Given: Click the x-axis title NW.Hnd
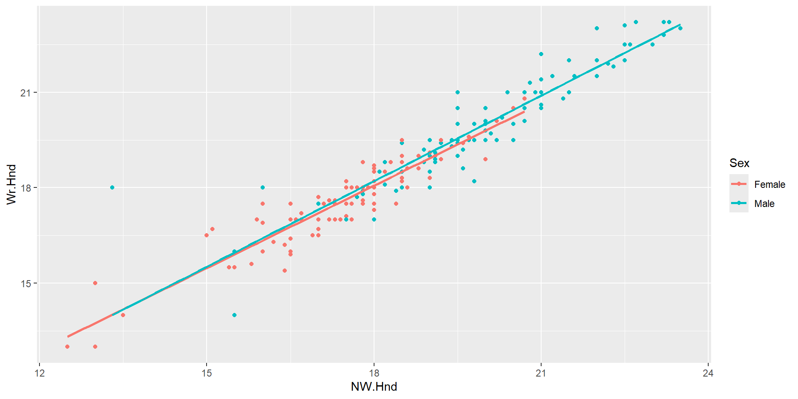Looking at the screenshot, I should point(374,387).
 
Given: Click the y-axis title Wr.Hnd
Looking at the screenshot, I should point(11,184).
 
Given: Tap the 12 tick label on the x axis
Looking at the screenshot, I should point(39,373).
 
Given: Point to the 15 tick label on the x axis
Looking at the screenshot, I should point(207,373).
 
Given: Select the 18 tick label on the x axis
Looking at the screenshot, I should point(374,373).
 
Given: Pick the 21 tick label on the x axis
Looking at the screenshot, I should point(541,373).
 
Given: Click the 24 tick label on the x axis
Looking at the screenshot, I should point(708,373).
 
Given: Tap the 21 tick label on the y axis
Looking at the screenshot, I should point(26,92).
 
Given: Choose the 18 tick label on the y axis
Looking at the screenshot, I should point(26,188).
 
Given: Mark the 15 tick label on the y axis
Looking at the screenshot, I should point(26,283).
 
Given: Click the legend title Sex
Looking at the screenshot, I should point(739,163).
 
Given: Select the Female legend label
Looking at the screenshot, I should point(770,185).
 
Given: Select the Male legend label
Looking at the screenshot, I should point(764,204).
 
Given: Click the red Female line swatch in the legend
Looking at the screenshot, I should point(739,184).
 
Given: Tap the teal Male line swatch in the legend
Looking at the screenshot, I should point(739,203).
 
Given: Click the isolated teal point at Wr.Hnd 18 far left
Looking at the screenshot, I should point(112,187).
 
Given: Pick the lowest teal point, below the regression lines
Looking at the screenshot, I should point(234,315).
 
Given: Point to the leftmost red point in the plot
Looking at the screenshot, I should point(67,347).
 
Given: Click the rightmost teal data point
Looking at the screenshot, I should point(680,28).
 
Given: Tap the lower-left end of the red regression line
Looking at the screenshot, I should point(68,336).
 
